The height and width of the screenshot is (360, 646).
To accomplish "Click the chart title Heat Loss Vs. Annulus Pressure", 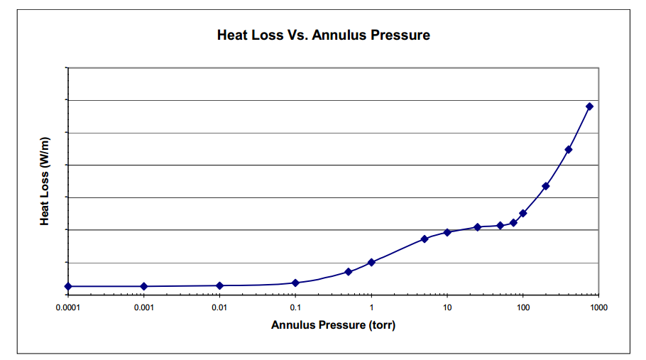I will pyautogui.click(x=323, y=35).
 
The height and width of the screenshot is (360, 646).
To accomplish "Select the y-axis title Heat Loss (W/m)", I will pyautogui.click(x=45, y=182).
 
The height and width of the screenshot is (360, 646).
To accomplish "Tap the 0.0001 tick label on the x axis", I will pyautogui.click(x=68, y=307).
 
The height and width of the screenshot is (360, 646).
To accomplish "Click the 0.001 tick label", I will pyautogui.click(x=144, y=307).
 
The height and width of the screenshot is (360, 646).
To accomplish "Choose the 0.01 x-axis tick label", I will pyautogui.click(x=219, y=307).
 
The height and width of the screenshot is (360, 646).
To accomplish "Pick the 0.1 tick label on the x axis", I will pyautogui.click(x=295, y=307).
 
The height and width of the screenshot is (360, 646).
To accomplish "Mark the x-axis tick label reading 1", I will pyautogui.click(x=371, y=307).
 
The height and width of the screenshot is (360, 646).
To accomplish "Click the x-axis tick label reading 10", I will pyautogui.click(x=447, y=307).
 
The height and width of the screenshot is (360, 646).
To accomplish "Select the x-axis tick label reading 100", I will pyautogui.click(x=523, y=307).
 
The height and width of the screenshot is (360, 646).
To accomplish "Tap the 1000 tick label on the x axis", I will pyautogui.click(x=598, y=307).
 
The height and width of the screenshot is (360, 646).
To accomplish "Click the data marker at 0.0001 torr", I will pyautogui.click(x=68, y=286).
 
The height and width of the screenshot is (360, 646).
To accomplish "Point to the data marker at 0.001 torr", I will pyautogui.click(x=144, y=286).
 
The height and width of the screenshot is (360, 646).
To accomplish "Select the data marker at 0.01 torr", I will pyautogui.click(x=219, y=285).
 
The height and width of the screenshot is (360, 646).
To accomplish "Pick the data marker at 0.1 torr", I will pyautogui.click(x=295, y=283).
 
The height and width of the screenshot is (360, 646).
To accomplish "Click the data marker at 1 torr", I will pyautogui.click(x=371, y=262).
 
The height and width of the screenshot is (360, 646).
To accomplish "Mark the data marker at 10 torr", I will pyautogui.click(x=447, y=232).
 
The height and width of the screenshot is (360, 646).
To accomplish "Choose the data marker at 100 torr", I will pyautogui.click(x=523, y=213).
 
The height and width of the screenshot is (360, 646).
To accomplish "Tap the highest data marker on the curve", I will pyautogui.click(x=589, y=107).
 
